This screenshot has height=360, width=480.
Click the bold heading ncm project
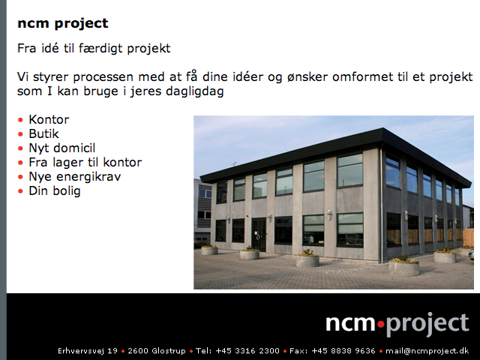[63, 23]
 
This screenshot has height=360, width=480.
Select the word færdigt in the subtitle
[100, 49]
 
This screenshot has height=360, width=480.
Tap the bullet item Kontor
[49, 119]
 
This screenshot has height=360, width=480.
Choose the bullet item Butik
[43, 133]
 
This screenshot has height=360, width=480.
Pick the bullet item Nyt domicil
[61, 148]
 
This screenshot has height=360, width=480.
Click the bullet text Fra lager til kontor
[85, 162]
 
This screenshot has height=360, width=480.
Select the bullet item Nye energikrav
[75, 177]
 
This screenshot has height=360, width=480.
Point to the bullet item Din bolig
[55, 191]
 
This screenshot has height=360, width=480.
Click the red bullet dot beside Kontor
[20, 120]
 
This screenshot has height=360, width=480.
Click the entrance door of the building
[259, 234]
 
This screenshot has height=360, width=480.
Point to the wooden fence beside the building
[468, 238]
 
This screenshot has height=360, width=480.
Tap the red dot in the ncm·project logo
[381, 323]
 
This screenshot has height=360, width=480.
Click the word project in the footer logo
[427, 325]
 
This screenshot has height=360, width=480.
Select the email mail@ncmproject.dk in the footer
[427, 351]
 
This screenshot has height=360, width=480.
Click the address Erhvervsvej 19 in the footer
[88, 351]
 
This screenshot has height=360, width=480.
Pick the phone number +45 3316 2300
[247, 351]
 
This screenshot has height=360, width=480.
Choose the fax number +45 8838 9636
[343, 351]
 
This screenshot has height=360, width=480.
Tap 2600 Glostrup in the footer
[157, 351]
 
